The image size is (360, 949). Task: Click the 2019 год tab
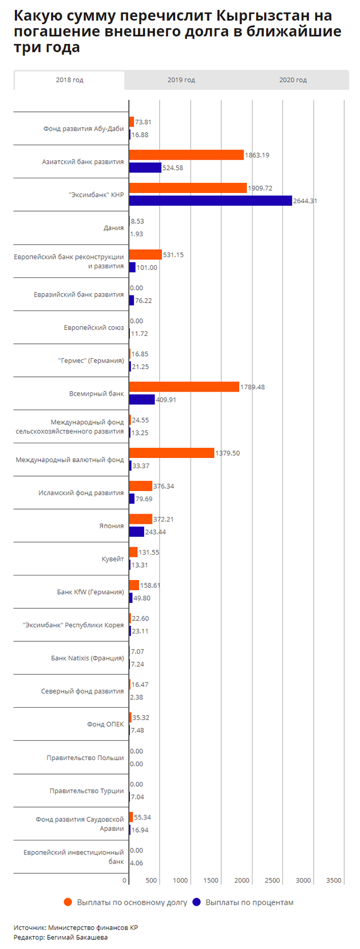click(x=181, y=80)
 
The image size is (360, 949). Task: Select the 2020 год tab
click(x=292, y=80)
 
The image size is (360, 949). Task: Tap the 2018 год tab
click(x=69, y=80)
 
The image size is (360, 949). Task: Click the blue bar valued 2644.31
click(x=210, y=201)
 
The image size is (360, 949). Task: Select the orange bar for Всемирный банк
click(x=184, y=387)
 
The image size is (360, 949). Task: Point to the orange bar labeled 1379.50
click(x=172, y=453)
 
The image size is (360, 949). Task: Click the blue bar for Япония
click(x=137, y=532)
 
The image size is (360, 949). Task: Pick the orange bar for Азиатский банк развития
click(x=186, y=155)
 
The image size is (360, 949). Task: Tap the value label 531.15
click(x=173, y=255)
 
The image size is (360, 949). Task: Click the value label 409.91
click(x=166, y=400)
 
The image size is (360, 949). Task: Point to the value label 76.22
click(x=143, y=300)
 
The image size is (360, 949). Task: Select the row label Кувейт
click(x=112, y=559)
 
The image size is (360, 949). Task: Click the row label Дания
click(x=114, y=228)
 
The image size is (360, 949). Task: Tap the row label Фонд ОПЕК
click(x=105, y=724)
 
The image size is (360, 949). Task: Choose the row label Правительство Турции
click(x=87, y=790)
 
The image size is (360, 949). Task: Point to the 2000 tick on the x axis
click(x=241, y=880)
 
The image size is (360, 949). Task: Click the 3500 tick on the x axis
click(x=334, y=880)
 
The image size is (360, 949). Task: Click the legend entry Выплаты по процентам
click(x=249, y=902)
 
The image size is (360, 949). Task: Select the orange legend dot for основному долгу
click(x=68, y=902)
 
